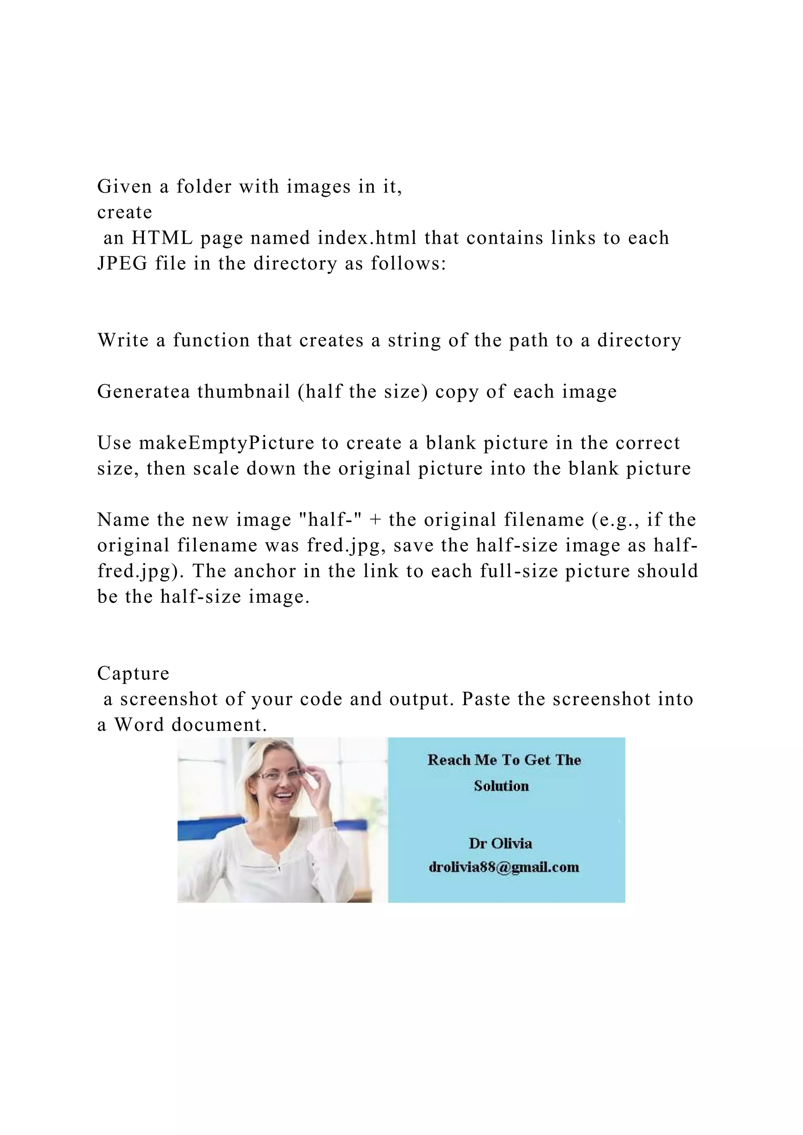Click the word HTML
coord(162,238)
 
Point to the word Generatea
coord(144,392)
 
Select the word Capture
coord(133,674)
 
